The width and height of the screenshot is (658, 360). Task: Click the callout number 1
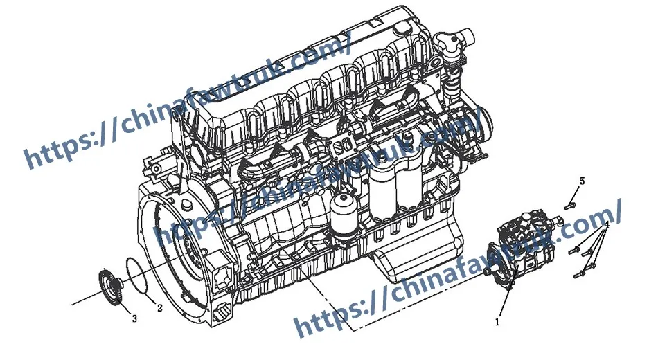tap(497, 322)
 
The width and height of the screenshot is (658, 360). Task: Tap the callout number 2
tap(159, 307)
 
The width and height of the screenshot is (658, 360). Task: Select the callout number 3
tap(134, 319)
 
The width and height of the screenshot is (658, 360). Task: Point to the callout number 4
tap(606, 225)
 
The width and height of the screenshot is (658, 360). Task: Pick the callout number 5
tap(582, 181)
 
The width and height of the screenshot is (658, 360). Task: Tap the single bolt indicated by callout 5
tap(570, 204)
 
